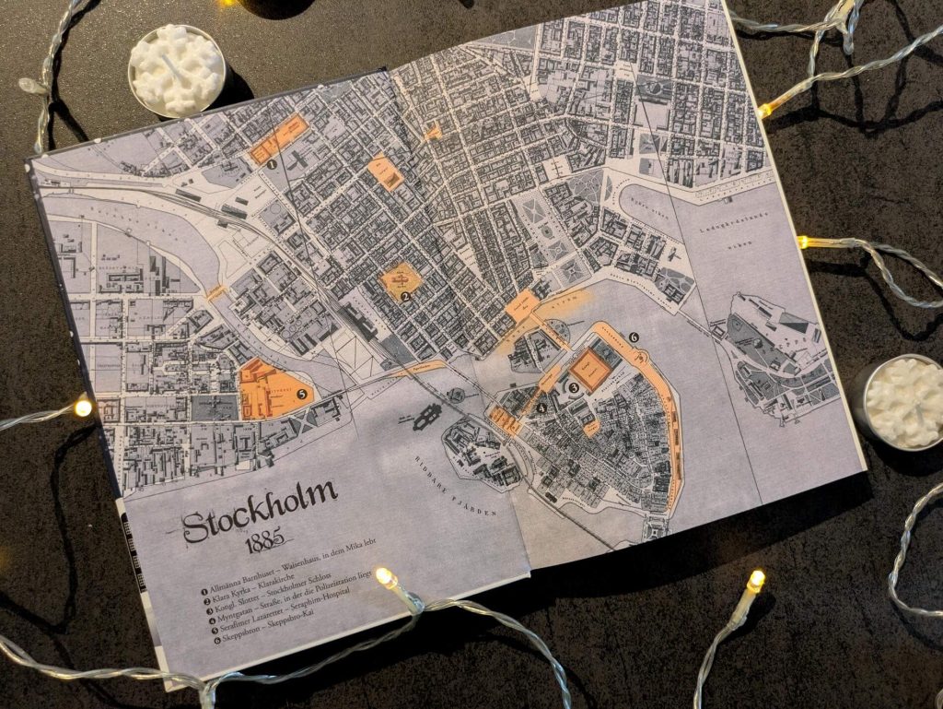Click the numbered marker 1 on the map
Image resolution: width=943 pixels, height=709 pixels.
273,165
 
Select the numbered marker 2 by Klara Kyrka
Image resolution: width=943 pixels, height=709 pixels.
405,297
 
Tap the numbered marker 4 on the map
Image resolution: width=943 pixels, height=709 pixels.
542,408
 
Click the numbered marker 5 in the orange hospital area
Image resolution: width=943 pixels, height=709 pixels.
302,394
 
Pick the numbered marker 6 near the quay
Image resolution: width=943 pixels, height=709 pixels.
634,337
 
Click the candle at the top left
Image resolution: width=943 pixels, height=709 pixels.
177,70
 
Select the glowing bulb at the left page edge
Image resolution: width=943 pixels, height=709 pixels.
83,407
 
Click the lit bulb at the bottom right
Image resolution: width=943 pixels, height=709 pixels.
755,580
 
